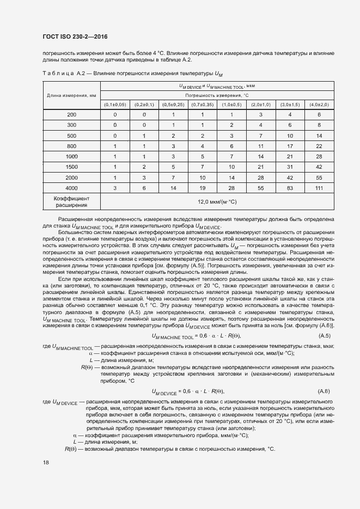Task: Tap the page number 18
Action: point(45,462)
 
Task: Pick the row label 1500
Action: point(72,167)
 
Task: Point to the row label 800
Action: point(72,146)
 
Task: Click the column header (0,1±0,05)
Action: point(115,104)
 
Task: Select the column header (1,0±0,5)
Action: point(231,104)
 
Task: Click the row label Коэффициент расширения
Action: point(72,201)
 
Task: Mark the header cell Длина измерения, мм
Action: point(72,95)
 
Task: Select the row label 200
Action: point(72,114)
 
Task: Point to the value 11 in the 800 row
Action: point(261,146)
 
